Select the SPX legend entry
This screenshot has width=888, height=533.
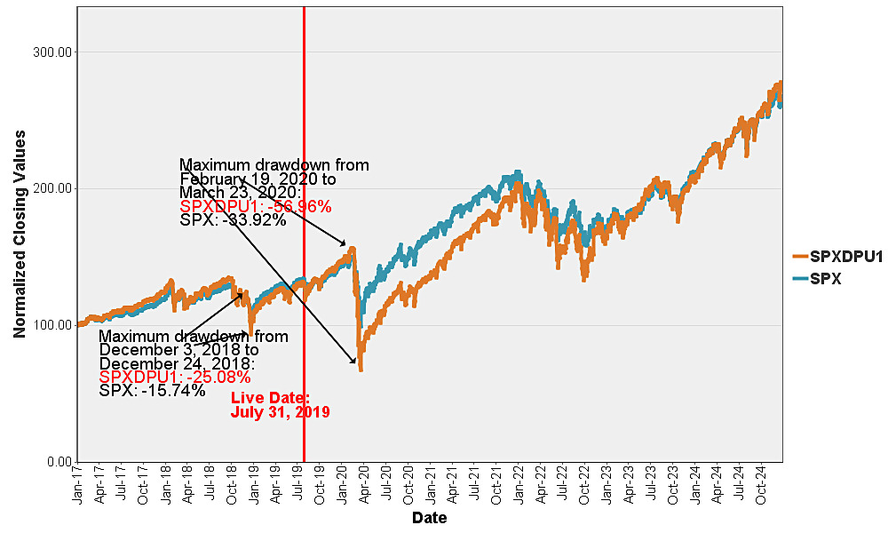click(817, 279)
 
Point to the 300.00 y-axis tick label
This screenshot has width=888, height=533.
click(53, 52)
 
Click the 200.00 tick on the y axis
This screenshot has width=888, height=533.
click(53, 188)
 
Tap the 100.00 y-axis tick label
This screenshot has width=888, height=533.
click(53, 325)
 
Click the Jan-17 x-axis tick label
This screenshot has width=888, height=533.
click(77, 485)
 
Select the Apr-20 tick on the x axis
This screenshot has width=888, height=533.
click(364, 485)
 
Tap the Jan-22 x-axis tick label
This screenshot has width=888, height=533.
click(519, 485)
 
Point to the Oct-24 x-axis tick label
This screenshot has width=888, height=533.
click(761, 485)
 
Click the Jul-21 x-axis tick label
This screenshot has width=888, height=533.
click(474, 485)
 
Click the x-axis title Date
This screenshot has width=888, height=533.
click(429, 518)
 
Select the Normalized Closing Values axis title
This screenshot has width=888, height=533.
click(20, 234)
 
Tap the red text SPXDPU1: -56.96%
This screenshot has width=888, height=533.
click(256, 206)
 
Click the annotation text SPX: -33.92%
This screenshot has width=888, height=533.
click(233, 219)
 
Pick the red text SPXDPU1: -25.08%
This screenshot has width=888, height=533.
click(175, 378)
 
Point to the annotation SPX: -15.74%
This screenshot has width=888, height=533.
click(153, 391)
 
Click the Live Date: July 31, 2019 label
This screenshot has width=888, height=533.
click(281, 405)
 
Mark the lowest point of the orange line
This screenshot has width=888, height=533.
click(361, 370)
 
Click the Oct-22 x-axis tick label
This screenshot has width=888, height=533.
click(584, 485)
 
